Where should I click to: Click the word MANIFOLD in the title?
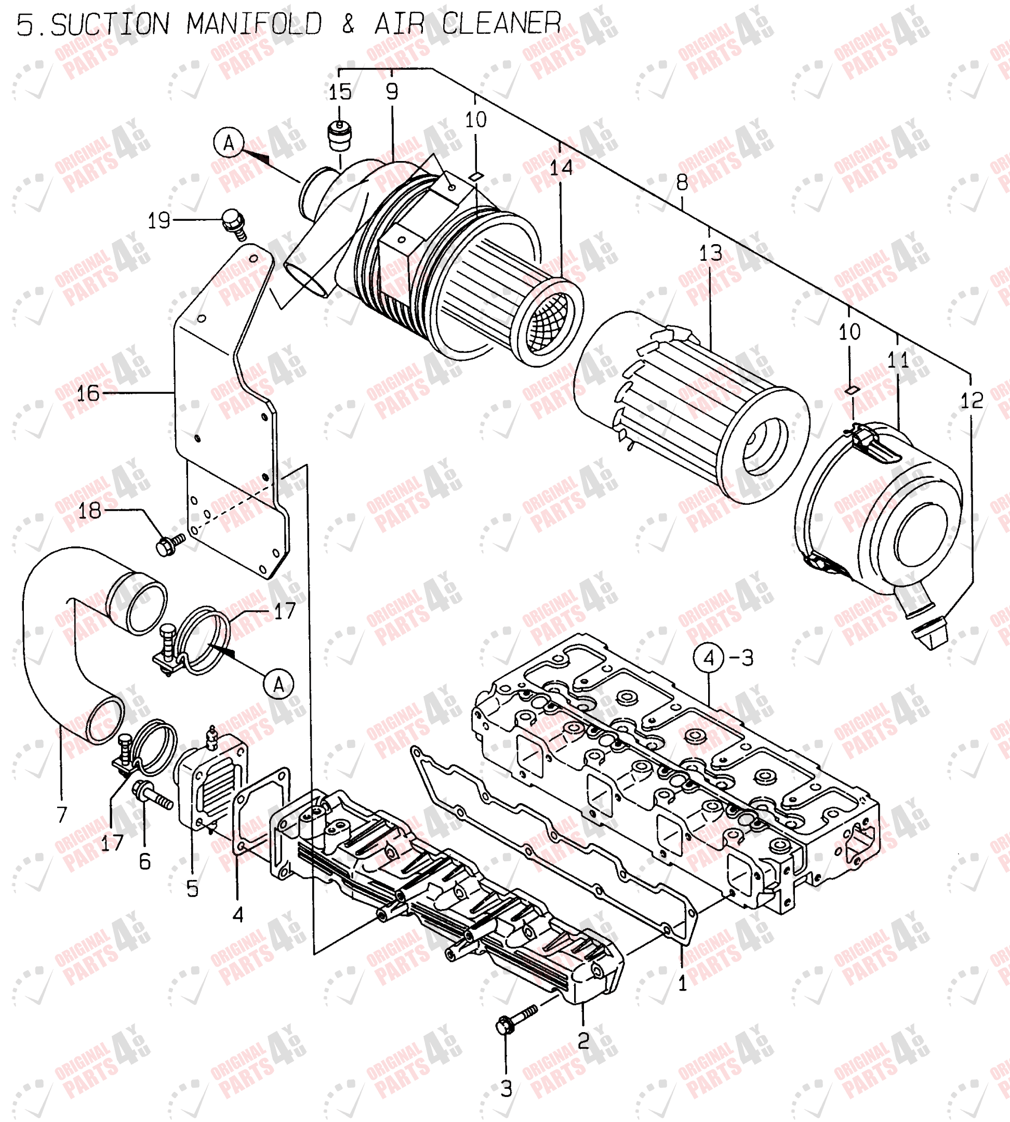click(254, 24)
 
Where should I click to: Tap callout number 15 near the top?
click(340, 92)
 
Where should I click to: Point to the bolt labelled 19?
click(234, 223)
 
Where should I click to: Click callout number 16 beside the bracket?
click(88, 393)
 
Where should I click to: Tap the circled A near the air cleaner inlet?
click(229, 143)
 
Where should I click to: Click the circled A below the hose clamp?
click(278, 684)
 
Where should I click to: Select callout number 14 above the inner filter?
click(561, 168)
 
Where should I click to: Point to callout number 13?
click(710, 253)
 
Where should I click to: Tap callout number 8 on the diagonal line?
click(682, 182)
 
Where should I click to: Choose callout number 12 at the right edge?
click(972, 400)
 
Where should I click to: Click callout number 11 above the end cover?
click(898, 360)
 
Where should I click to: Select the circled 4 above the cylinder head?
click(709, 658)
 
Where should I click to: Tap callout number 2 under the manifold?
click(583, 1040)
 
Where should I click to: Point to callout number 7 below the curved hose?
click(62, 814)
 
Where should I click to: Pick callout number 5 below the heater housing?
click(192, 888)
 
